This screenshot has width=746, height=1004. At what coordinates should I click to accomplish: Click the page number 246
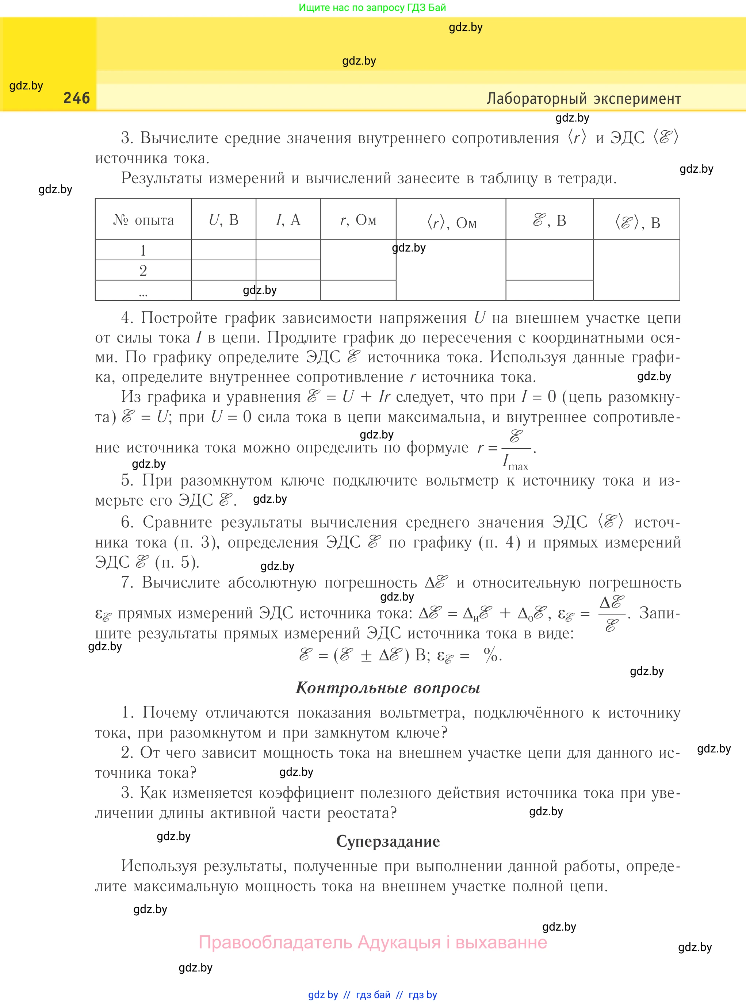[x=76, y=98]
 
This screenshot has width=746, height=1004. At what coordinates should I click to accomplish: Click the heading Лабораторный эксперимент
[x=584, y=99]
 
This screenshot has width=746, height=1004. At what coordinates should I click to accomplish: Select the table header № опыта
[x=143, y=220]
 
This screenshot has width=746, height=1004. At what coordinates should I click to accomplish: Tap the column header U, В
[x=223, y=220]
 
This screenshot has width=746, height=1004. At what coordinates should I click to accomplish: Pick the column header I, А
[x=288, y=220]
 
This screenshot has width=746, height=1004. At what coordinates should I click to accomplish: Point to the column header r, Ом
[x=358, y=220]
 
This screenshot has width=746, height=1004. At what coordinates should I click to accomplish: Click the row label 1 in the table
[x=143, y=250]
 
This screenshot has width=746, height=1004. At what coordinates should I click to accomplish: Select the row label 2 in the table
[x=143, y=271]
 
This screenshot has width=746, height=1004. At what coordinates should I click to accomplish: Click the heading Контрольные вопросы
[x=387, y=688]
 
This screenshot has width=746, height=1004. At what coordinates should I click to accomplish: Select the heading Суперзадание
[x=387, y=842]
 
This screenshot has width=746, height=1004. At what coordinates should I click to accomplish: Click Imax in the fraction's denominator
[x=515, y=463]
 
